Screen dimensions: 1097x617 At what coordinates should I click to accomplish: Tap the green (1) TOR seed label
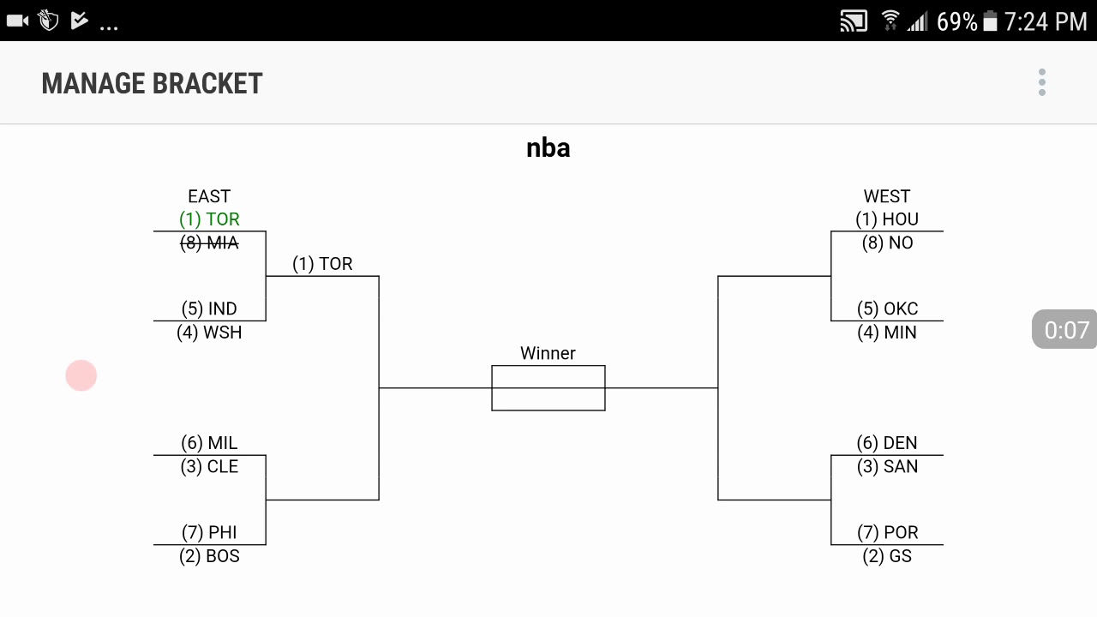point(209,219)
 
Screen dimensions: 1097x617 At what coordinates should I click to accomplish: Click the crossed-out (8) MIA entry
point(209,243)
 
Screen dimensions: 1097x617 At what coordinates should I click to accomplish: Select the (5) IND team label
point(209,308)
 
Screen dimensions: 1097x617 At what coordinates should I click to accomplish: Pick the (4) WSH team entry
point(209,332)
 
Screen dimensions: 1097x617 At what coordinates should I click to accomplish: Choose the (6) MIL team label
point(209,443)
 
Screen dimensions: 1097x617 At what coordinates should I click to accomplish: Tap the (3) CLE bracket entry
point(209,467)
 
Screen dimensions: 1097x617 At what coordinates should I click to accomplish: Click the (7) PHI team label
point(209,532)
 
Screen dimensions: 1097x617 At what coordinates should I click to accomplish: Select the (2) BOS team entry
point(209,556)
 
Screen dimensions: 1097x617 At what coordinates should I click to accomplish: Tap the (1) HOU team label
point(887,219)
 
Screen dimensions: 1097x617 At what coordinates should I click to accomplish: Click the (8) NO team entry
point(887,243)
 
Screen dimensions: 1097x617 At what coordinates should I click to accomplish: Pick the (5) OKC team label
point(887,308)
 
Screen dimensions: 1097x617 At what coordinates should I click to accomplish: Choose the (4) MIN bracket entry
point(887,332)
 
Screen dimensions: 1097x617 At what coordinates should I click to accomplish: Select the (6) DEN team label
point(887,443)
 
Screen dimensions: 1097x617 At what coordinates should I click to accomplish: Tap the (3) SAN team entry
point(887,467)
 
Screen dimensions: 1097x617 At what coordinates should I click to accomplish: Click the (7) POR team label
point(887,532)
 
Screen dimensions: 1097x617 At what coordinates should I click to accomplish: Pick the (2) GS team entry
point(887,556)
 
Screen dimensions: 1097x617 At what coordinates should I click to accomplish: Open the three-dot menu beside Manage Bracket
point(1042,83)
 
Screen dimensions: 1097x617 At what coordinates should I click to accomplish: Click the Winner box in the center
point(548,388)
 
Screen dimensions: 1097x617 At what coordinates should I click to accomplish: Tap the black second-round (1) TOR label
point(322,264)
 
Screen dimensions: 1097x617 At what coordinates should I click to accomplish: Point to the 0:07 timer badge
point(1065,330)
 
